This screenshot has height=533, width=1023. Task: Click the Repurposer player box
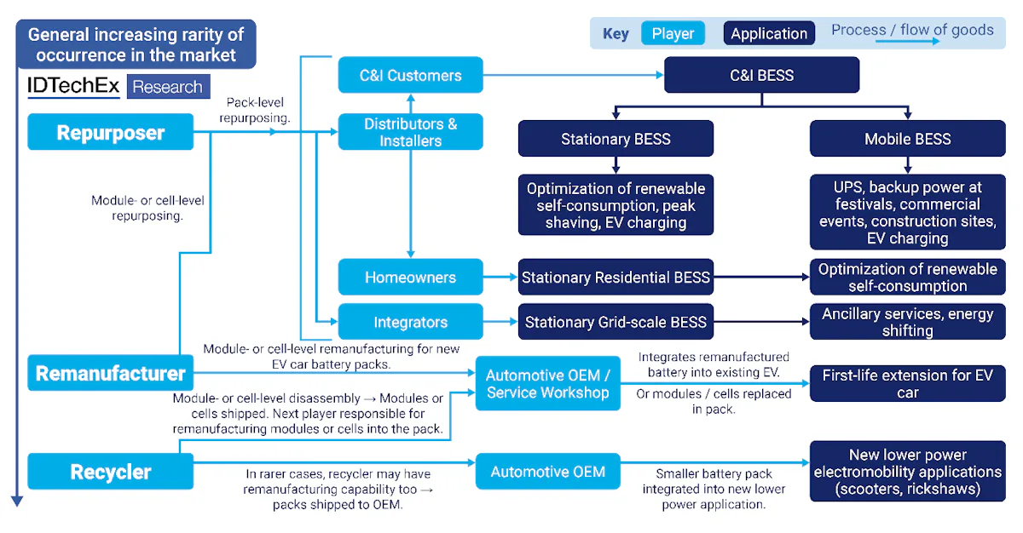(x=110, y=132)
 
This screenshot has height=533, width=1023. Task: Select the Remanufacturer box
(x=110, y=373)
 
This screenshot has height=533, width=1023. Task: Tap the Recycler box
(x=110, y=472)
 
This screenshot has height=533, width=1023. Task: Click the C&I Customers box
(x=410, y=75)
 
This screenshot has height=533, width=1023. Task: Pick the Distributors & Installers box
(x=410, y=132)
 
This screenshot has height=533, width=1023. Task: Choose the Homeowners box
(x=410, y=278)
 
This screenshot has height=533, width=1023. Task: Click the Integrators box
(x=410, y=323)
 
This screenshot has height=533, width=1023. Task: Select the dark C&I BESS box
(x=761, y=75)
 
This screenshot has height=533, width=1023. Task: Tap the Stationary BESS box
(x=616, y=139)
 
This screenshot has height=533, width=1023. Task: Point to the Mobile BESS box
(x=907, y=139)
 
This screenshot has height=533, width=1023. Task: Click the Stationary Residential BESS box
(x=616, y=278)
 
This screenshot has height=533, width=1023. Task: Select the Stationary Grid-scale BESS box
(x=616, y=323)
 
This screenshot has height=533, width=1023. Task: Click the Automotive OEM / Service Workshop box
(x=547, y=383)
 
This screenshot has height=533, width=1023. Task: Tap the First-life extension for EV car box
(x=907, y=383)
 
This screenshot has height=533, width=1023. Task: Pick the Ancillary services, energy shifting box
(x=907, y=323)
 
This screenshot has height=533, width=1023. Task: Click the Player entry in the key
(x=673, y=34)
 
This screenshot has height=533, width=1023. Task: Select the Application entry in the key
(x=769, y=34)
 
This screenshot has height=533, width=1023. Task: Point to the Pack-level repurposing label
(x=254, y=110)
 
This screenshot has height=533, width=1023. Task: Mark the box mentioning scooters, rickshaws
(x=907, y=472)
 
